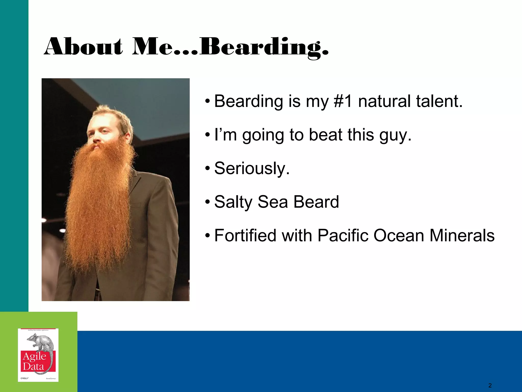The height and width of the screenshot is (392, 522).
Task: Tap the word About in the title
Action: point(83,47)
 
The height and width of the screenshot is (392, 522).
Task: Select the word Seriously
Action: point(252,169)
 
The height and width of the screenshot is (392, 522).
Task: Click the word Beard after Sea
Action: point(316,202)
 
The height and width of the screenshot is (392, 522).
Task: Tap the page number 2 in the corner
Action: point(490,385)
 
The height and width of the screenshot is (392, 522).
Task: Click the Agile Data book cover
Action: point(38,355)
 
